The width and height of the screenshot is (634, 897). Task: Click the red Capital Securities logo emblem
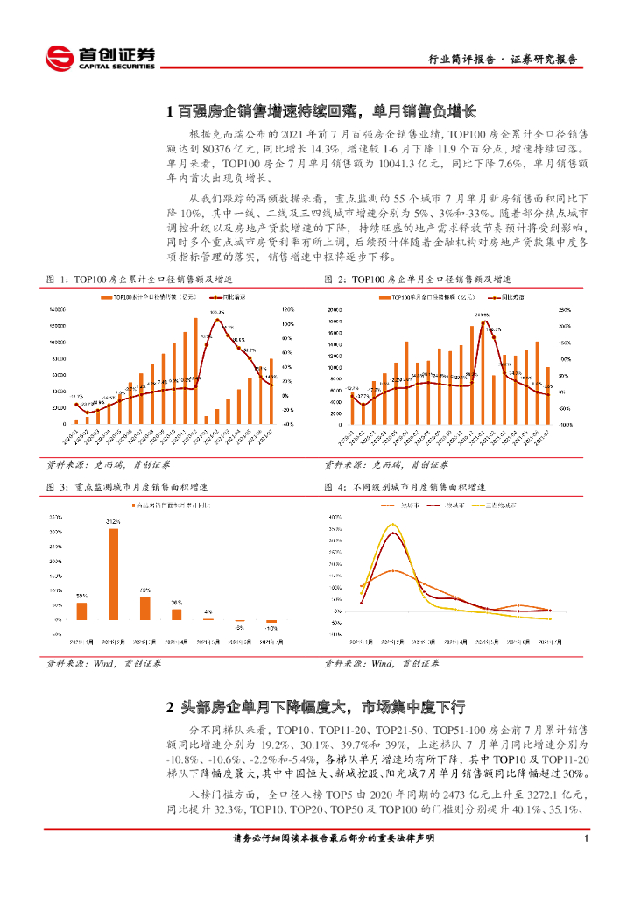coord(60,58)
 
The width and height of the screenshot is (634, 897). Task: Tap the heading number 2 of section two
coord(172,706)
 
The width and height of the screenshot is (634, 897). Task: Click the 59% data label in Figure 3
coord(81,595)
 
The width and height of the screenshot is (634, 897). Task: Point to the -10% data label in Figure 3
coord(271,628)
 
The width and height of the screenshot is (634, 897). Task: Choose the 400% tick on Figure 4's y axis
coord(334,517)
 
